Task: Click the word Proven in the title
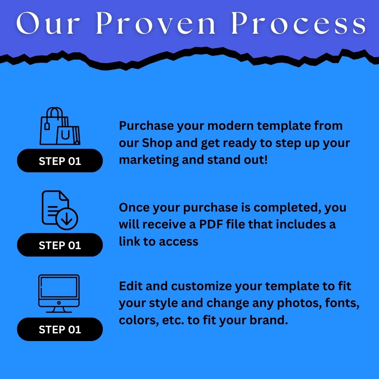click(156, 22)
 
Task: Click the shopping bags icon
click(60, 126)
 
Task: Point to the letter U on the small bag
click(65, 135)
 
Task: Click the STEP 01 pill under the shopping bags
click(60, 161)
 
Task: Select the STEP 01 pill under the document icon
click(60, 245)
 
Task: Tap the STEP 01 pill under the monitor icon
click(60, 329)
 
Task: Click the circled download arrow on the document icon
click(67, 219)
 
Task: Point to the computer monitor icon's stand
click(59, 310)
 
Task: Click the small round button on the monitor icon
click(59, 302)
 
